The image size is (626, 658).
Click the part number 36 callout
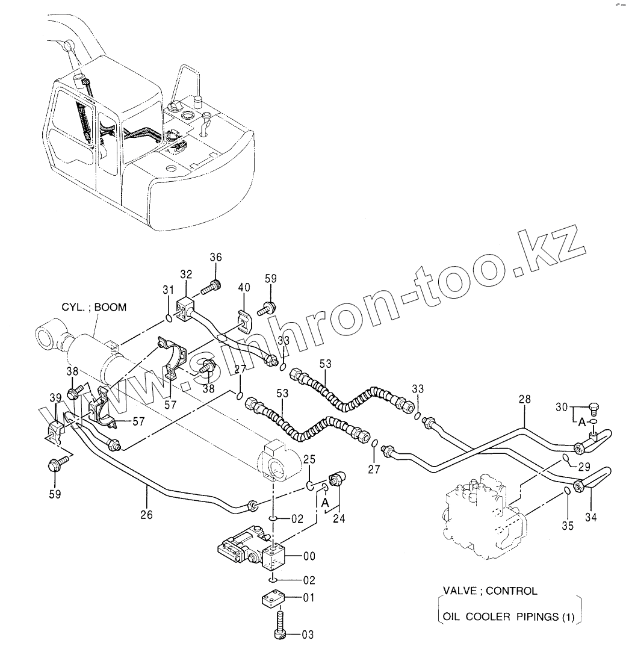215,258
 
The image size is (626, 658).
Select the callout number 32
185,275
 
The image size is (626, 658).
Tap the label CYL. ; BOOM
95,307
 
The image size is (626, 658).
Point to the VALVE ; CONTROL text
489,591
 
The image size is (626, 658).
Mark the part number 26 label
146,515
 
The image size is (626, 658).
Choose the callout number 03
307,634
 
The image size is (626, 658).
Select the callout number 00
308,556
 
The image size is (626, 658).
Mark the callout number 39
55,399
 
